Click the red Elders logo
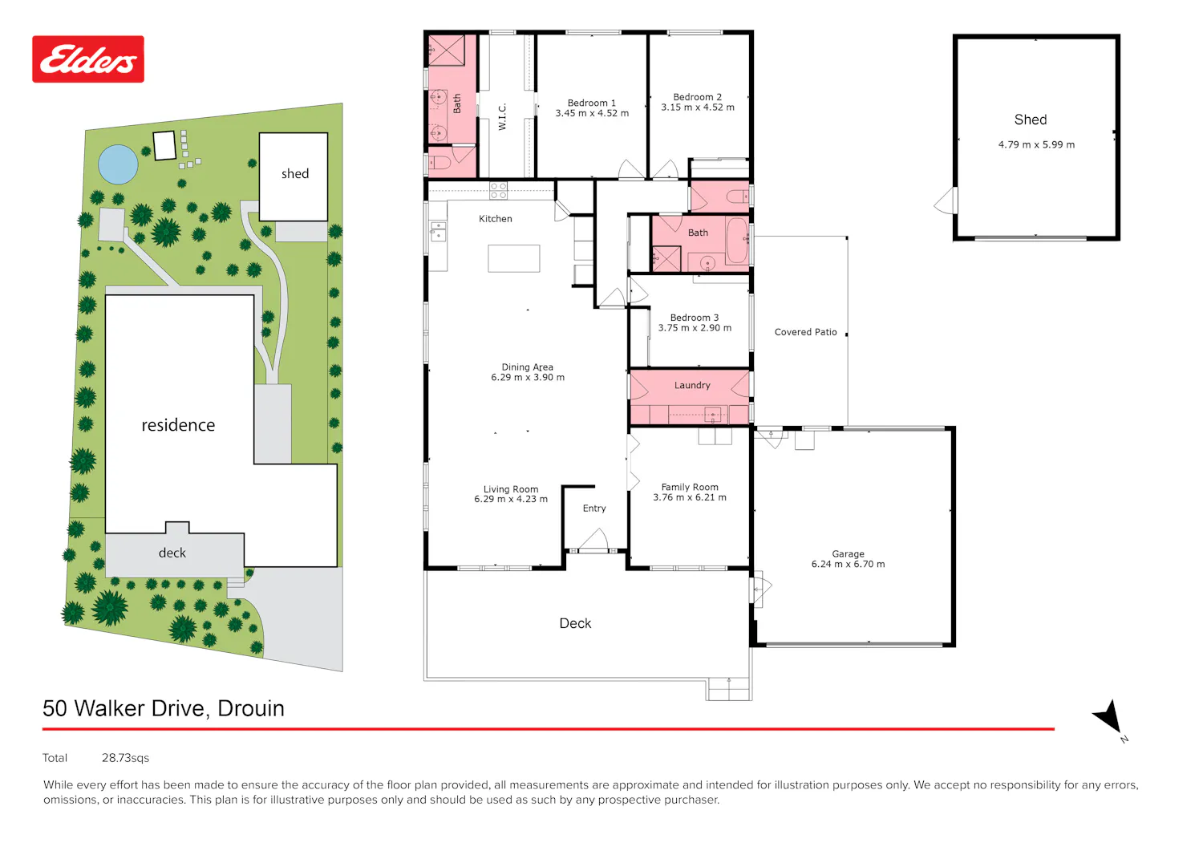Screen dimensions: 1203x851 (x=88, y=59)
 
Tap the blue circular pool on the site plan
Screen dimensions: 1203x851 (x=118, y=164)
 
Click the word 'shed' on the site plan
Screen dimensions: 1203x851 (x=295, y=173)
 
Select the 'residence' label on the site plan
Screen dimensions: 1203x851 (x=178, y=425)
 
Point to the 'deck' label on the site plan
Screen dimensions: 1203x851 (x=172, y=553)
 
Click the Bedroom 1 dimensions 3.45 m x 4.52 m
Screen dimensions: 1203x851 (x=592, y=113)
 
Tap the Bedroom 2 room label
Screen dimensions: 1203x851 (x=698, y=97)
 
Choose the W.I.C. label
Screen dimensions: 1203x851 (x=502, y=116)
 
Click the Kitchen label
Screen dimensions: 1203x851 (x=496, y=219)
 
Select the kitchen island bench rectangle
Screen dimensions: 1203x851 (x=514, y=258)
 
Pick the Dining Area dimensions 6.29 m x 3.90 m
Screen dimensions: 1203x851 (x=528, y=378)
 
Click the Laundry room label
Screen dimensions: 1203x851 (x=692, y=385)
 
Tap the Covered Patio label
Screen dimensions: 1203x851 (x=805, y=332)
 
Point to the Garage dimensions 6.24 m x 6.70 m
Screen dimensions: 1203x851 (x=848, y=564)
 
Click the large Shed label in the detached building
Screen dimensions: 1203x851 (x=1031, y=120)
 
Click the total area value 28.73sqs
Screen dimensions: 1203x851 (x=126, y=757)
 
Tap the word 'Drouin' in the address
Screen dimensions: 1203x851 (x=251, y=708)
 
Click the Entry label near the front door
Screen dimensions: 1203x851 (x=594, y=509)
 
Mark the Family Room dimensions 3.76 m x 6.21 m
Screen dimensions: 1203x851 (x=690, y=497)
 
